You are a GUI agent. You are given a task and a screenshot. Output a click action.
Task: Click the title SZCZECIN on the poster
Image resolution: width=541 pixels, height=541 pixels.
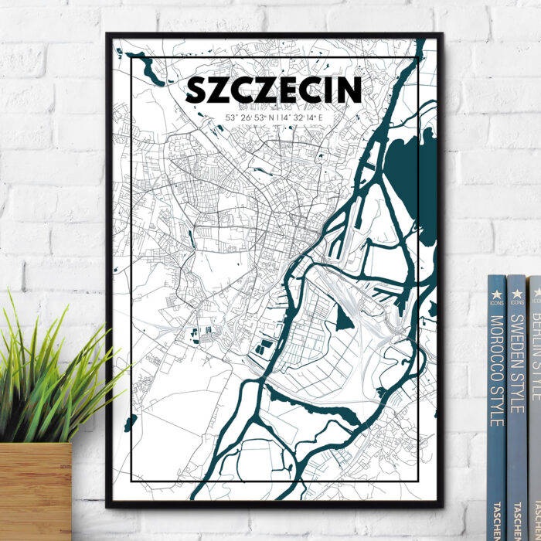click(274, 90)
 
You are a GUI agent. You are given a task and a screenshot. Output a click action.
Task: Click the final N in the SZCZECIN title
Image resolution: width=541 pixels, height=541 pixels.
click(349, 90)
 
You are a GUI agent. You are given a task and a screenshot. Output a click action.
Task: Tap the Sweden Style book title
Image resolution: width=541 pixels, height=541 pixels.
click(516, 363)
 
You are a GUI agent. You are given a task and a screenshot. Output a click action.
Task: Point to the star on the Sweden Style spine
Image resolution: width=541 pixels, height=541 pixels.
click(516, 292)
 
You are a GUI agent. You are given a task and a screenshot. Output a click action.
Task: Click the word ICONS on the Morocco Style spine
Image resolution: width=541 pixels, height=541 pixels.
click(497, 303)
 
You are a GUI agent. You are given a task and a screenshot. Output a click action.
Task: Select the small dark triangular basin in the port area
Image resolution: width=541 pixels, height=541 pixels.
click(345, 316)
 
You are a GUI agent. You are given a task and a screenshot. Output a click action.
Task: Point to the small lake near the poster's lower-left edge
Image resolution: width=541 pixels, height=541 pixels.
click(130, 423)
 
